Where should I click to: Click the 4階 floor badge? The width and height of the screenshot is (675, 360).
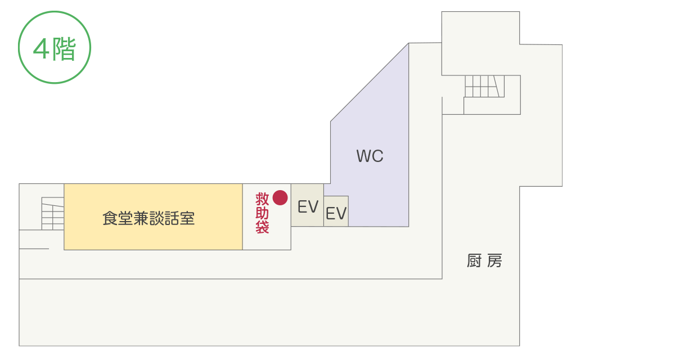click(x=55, y=48)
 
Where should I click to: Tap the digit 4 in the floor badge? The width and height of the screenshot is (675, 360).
click(x=41, y=49)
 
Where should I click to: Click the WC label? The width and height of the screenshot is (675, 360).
click(x=370, y=156)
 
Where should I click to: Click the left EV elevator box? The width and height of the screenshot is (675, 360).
click(x=307, y=206)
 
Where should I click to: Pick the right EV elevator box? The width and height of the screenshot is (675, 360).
click(x=336, y=212)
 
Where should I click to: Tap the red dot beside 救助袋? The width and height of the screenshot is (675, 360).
click(x=280, y=197)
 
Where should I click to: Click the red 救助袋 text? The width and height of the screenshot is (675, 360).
click(x=263, y=214)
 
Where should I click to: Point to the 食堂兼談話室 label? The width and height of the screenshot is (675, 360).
click(x=148, y=218)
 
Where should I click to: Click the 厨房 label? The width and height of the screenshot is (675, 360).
click(x=484, y=261)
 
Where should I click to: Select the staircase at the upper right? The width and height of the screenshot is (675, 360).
click(x=484, y=86)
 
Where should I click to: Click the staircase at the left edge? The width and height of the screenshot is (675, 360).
click(x=53, y=214)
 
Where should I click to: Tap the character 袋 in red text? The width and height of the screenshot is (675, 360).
click(x=263, y=227)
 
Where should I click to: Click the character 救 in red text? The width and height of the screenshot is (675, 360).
click(x=263, y=199)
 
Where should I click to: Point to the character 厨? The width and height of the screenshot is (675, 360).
click(x=474, y=261)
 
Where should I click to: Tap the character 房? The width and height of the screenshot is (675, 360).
click(x=495, y=261)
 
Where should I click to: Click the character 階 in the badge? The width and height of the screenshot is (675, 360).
click(x=64, y=49)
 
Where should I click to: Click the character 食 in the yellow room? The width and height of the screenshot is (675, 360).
click(x=109, y=218)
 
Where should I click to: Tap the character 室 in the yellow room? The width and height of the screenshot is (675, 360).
click(x=188, y=218)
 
